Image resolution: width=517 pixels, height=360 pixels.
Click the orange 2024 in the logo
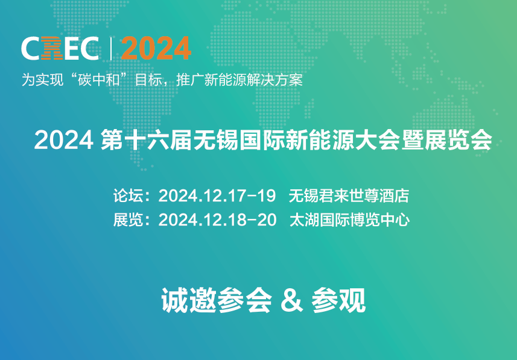point(156,48)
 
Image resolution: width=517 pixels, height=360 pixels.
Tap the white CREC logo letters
point(60,48)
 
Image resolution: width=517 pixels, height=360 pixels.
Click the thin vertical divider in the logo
point(110,48)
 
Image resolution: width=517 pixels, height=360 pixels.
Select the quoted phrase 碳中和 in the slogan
point(98,80)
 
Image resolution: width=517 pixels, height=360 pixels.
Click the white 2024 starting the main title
point(63,140)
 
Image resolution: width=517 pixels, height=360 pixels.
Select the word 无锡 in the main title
point(215,140)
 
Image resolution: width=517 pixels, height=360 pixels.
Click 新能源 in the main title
point(319,140)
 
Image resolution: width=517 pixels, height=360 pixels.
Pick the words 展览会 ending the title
point(458,140)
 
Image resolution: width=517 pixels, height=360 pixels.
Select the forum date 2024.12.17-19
point(217,195)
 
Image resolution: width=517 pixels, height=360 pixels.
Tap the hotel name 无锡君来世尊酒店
point(349,195)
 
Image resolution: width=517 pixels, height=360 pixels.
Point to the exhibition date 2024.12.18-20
point(217,220)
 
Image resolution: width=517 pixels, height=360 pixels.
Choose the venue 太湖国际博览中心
point(349,220)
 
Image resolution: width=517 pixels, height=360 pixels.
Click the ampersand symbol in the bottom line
point(291,300)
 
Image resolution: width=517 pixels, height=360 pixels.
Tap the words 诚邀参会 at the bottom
point(217,300)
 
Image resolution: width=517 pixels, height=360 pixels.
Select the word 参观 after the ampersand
point(338,300)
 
